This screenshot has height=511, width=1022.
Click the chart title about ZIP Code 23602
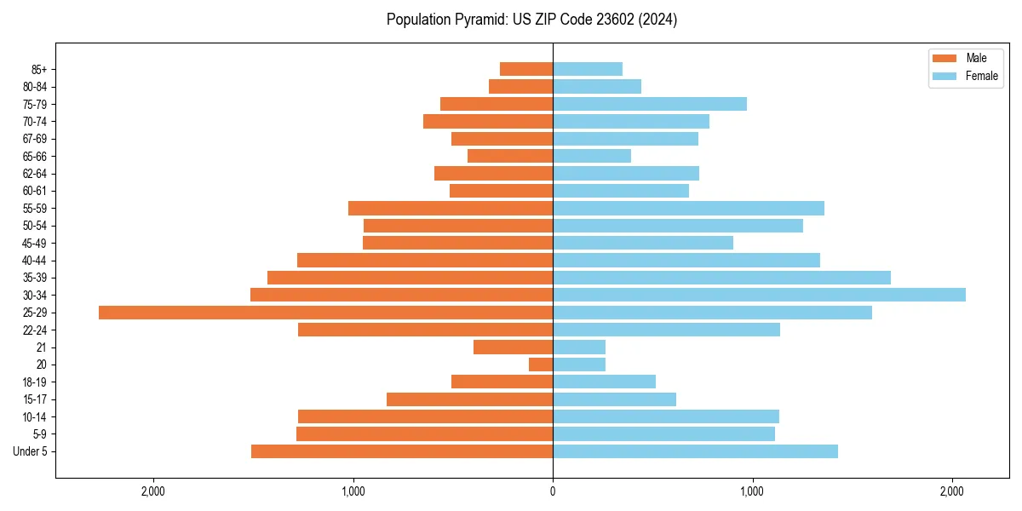click(531, 20)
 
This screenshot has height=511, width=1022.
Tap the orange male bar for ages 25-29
click(325, 313)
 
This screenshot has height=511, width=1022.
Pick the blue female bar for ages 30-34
click(759, 295)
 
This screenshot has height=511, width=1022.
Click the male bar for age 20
click(541, 365)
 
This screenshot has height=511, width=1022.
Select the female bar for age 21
click(579, 347)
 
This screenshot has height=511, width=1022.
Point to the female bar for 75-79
click(650, 104)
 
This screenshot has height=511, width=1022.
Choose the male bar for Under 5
click(402, 451)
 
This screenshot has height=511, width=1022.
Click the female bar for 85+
click(588, 69)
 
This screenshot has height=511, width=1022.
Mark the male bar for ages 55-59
click(451, 209)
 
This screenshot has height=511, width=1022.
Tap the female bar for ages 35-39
click(721, 278)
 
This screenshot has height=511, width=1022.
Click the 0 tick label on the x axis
click(553, 491)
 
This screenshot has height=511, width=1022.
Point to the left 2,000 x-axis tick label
click(153, 491)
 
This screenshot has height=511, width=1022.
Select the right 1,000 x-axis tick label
click(752, 491)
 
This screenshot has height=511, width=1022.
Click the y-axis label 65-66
click(34, 157)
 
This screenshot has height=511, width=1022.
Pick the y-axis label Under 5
click(31, 451)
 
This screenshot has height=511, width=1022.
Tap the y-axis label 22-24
click(34, 330)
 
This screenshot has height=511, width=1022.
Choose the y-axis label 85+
click(37, 70)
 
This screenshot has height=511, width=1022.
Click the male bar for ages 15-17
click(469, 399)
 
